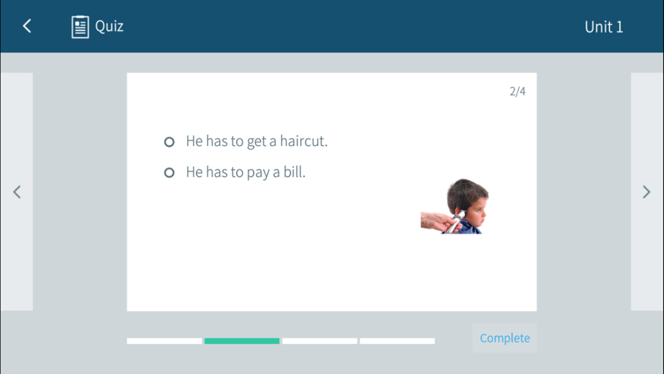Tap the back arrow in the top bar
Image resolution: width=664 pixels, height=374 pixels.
pos(27,27)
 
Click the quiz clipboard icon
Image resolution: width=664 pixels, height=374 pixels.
pos(80,27)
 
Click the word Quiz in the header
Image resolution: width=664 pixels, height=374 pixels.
pos(110,27)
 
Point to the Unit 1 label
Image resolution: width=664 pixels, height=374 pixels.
pos(604,27)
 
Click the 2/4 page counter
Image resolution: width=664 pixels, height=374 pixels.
pos(517,92)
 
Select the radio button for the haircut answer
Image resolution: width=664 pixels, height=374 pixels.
pos(169,142)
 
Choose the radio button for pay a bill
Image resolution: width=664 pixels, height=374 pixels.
pos(169,173)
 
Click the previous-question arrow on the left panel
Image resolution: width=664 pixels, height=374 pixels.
pos(17,192)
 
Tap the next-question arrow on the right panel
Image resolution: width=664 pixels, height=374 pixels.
pos(646,192)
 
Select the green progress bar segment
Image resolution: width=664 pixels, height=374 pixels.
pos(242,341)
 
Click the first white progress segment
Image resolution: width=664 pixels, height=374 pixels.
pos(164,341)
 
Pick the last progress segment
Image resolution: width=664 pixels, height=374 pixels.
pos(397,341)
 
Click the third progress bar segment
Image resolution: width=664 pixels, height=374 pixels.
pos(320,341)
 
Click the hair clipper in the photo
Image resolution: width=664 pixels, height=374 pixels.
pos(456,221)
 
